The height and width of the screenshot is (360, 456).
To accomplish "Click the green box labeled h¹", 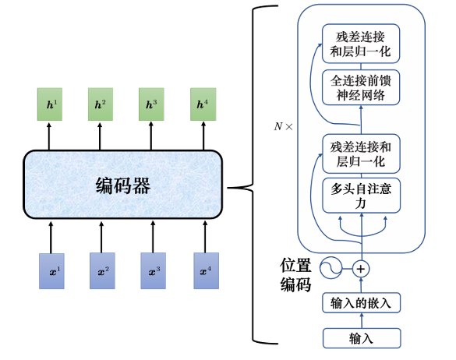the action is click(50, 104).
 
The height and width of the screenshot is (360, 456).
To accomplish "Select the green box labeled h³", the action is click(151, 104).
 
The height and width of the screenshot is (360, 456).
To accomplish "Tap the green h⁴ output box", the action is click(203, 104).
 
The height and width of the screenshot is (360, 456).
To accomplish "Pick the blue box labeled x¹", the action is click(51, 271).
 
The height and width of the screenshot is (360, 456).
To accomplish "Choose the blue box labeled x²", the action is click(102, 271).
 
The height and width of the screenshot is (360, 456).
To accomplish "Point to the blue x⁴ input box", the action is click(207, 271).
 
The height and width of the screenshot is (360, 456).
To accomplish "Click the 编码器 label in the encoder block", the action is click(123, 185).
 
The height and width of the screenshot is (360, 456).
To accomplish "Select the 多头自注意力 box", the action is click(361, 196).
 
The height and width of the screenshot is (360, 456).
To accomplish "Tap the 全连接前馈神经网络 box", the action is click(361, 87).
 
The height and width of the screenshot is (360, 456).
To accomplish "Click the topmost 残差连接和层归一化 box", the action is click(361, 44).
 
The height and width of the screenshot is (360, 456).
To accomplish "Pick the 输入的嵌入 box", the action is click(361, 303).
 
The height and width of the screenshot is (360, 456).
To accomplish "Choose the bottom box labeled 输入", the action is click(362, 338).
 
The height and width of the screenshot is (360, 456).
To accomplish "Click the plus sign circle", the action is click(361, 269).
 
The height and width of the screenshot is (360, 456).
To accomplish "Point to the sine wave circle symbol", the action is click(331, 268).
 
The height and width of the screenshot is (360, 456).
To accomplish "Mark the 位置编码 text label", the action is click(295, 275).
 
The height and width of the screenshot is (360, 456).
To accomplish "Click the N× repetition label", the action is click(283, 126).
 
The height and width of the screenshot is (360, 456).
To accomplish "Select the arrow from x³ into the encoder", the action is click(154, 237).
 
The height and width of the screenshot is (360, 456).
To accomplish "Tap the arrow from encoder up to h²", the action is click(100, 136).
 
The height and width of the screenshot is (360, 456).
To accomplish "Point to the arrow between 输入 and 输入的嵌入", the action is click(362, 320).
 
